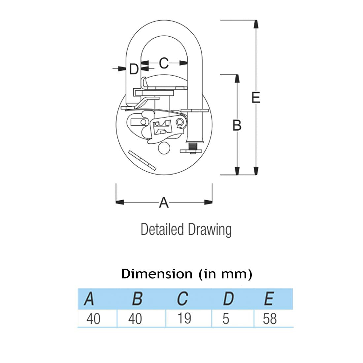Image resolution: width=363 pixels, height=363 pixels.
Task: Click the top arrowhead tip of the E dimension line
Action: [256, 20]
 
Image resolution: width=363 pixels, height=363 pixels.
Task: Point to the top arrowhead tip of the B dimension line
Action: [237, 75]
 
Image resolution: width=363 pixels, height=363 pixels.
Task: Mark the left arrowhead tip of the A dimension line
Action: [116, 202]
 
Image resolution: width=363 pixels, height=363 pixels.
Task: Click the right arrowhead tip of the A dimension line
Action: [212, 202]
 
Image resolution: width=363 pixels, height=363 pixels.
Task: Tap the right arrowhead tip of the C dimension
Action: [187, 63]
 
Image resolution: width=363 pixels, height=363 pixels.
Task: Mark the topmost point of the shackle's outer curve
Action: [164, 20]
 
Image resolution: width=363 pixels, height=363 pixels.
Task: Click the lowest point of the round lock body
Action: [164, 175]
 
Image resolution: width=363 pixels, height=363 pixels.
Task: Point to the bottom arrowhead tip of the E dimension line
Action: [256, 175]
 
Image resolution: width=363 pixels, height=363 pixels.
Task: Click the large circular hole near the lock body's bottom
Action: [164, 148]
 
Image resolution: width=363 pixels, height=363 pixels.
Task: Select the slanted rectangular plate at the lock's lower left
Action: [142, 160]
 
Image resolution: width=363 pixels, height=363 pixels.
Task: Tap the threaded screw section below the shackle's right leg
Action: [193, 146]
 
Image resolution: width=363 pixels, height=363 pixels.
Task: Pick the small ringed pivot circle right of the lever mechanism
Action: [180, 122]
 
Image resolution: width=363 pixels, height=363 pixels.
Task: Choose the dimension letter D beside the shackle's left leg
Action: [134, 69]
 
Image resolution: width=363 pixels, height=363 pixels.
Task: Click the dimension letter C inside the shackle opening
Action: [164, 63]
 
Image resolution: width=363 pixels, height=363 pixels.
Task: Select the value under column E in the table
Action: [270, 319]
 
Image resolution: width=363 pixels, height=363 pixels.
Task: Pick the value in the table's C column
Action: [184, 318]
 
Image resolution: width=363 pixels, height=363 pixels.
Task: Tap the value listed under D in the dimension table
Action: [226, 319]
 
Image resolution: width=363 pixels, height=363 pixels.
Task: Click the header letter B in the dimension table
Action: [137, 299]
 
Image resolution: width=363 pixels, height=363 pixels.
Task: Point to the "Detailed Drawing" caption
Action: [186, 230]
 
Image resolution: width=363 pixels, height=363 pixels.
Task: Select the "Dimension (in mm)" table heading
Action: [186, 274]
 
